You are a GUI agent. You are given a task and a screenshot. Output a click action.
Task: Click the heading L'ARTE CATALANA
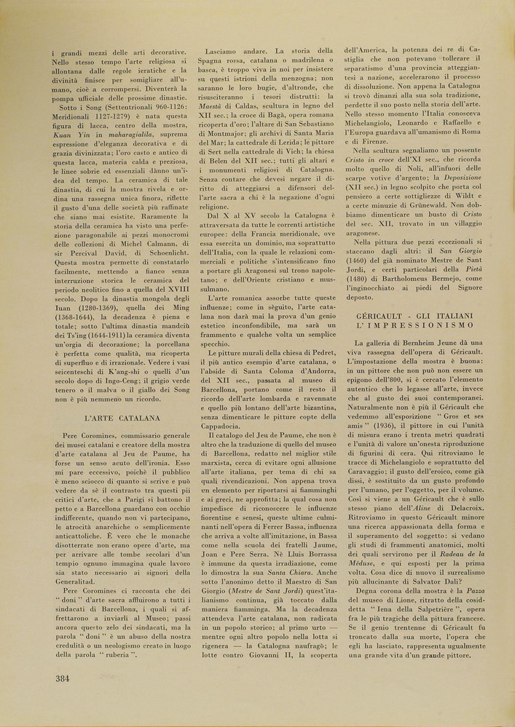pyautogui.click(x=122, y=418)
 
